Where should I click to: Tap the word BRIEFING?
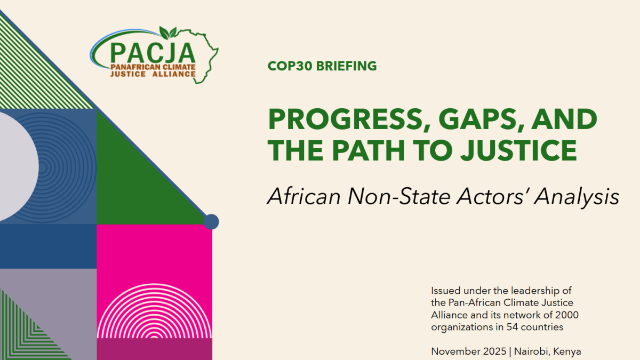347,66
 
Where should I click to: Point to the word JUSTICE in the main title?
518,150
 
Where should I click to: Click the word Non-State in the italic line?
399,197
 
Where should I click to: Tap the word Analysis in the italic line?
577,197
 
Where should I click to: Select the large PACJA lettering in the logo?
153,53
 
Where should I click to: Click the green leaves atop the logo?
167,33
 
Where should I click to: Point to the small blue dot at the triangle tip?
211,222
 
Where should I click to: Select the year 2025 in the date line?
494,351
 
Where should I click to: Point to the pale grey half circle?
17,167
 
